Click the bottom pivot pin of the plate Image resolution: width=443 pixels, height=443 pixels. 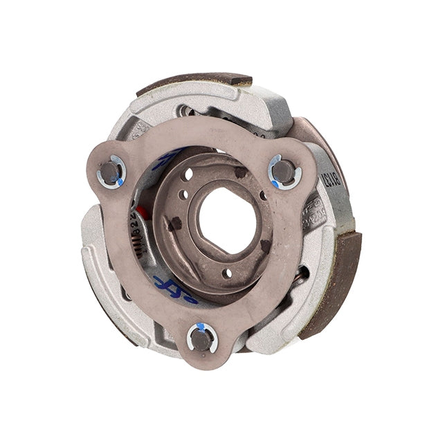(x=201, y=337)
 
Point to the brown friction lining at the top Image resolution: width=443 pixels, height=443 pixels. (x=194, y=81)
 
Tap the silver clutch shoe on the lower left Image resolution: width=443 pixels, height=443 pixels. (x=118, y=291)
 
